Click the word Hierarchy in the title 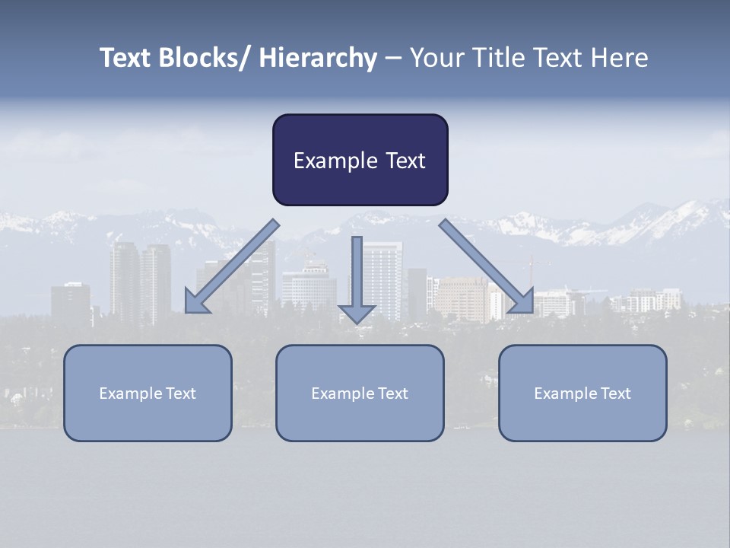[x=318, y=58]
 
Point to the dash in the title [x=393, y=58]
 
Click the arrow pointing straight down [x=357, y=274]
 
